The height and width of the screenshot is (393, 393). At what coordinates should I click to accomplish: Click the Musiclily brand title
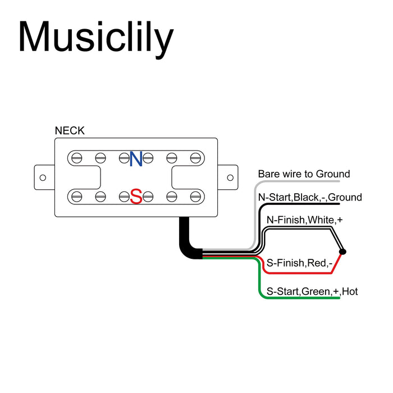[95, 38]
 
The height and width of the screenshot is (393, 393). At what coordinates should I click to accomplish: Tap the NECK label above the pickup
[70, 131]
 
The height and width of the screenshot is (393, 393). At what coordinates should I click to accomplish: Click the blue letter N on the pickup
[136, 159]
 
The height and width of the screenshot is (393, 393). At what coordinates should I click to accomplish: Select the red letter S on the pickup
[136, 196]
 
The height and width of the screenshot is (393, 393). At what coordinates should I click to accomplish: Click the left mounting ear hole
[43, 177]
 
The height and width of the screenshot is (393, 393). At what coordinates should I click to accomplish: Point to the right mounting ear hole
[229, 177]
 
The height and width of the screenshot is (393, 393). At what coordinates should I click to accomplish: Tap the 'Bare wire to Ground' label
[304, 174]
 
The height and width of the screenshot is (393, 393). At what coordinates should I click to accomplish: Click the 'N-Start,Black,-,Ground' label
[309, 198]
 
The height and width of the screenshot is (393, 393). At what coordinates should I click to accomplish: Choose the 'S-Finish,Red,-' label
[300, 262]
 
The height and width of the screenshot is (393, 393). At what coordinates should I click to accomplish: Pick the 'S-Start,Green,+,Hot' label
[312, 291]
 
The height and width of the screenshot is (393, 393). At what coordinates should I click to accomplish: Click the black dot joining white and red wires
[343, 252]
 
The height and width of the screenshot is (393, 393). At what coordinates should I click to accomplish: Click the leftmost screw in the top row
[77, 158]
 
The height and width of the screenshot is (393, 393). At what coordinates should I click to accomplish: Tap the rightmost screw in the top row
[195, 158]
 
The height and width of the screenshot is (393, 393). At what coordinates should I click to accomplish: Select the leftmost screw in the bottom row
[77, 196]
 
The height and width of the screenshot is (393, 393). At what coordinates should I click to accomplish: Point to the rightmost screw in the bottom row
[195, 196]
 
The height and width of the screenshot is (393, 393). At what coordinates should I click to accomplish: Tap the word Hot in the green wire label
[349, 291]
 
